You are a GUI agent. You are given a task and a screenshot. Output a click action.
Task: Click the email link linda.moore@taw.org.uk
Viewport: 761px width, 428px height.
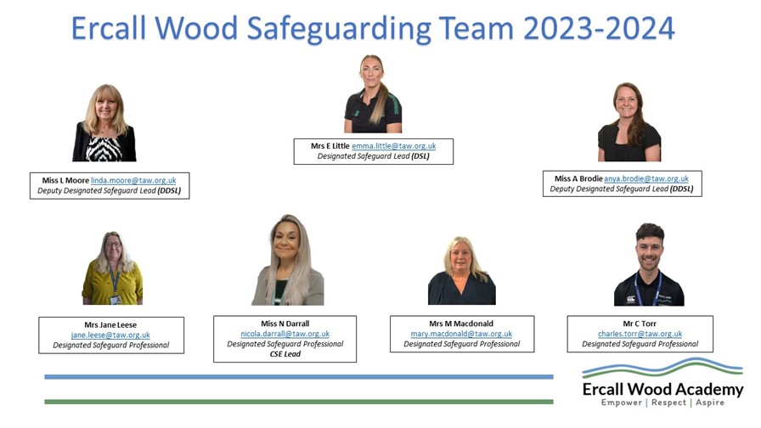[133, 181]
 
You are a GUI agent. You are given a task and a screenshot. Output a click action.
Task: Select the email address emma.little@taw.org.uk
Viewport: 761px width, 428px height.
[393, 146]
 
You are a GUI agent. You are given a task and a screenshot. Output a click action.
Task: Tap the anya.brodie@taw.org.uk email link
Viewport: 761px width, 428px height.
[646, 179]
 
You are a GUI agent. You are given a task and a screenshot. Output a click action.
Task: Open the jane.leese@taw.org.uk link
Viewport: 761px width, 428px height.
[110, 335]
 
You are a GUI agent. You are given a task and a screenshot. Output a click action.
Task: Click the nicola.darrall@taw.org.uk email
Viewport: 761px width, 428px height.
[285, 334]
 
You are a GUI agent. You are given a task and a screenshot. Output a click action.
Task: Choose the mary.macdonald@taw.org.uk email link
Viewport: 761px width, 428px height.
[461, 334]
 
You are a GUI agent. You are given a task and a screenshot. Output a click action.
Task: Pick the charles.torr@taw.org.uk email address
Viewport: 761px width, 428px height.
[640, 334]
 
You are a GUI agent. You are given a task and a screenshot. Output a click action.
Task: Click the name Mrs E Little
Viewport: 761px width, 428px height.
[330, 146]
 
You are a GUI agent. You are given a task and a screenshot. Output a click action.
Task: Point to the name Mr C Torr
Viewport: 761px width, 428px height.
[640, 324]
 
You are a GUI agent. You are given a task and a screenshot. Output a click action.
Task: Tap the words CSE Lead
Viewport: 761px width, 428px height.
[285, 354]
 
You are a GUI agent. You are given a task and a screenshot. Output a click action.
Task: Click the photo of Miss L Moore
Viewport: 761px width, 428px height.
[104, 123]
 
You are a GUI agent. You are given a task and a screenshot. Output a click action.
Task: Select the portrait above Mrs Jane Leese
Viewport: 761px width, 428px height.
[112, 267]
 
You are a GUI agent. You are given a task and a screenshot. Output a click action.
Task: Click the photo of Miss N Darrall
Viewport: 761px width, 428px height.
[288, 260]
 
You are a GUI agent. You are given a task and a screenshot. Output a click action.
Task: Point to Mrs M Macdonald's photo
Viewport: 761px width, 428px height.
[461, 270]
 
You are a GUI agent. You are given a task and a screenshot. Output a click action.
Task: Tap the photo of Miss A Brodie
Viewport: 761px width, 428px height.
[629, 121]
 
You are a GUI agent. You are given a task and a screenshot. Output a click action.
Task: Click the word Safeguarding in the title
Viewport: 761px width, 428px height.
[339, 29]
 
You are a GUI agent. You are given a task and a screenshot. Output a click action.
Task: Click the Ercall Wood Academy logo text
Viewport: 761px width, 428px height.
[662, 389]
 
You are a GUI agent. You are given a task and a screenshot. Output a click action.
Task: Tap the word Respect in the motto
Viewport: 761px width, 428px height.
[668, 403]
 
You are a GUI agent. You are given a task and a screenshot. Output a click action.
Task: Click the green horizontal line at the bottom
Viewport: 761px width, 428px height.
[298, 402]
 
